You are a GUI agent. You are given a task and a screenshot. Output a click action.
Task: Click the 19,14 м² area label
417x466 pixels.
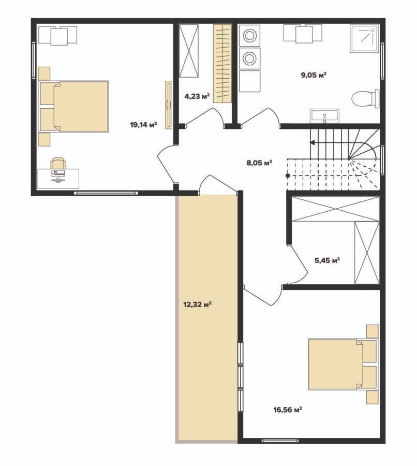143,125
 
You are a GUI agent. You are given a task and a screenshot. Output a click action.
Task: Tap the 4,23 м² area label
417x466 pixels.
197,96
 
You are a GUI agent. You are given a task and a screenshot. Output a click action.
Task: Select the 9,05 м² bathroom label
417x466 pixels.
314,75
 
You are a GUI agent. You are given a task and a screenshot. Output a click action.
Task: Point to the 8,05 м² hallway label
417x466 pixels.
259,163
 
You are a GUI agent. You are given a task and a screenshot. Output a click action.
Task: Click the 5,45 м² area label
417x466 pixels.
327,260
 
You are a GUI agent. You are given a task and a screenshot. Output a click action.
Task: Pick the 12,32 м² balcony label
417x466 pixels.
198,304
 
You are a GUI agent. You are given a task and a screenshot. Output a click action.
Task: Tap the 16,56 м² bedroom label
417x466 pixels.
288,410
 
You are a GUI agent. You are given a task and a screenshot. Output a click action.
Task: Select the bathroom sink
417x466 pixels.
324,116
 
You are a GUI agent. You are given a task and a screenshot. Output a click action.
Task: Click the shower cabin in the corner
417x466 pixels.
365,39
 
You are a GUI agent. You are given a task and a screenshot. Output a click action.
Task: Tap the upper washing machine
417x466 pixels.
249,35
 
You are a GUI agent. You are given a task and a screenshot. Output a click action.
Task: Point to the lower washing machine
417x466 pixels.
249,58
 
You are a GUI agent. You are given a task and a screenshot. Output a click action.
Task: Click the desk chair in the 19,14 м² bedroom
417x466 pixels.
58,163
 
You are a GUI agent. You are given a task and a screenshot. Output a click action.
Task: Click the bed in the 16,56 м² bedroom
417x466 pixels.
342,364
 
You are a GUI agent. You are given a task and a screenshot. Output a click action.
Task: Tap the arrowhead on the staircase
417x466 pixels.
312,143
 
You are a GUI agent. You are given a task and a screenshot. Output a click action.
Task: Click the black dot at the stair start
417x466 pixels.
288,176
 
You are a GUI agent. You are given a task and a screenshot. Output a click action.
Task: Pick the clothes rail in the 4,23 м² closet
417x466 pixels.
222,64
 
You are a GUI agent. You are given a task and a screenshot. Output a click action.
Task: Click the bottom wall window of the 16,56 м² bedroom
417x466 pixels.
280,441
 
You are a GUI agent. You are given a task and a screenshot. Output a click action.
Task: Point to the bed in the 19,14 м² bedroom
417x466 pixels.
73,106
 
